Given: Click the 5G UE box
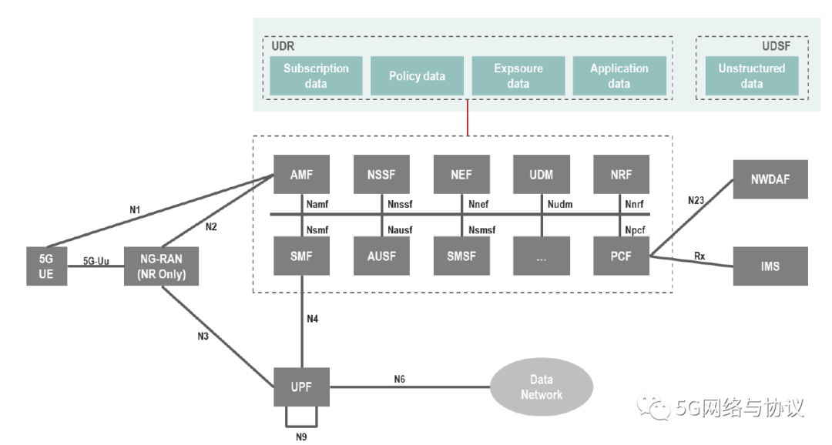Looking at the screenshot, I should pos(45,266).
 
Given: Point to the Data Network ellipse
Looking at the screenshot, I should pos(542,387).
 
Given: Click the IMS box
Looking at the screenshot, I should pos(770,266).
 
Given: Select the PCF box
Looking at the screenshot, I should pos(621,256).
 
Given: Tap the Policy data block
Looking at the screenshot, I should pos(417,76).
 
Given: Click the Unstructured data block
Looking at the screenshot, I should pos(751,76).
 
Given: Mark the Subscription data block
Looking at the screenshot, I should pos(316,76).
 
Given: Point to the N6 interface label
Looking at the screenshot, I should pos(399,379).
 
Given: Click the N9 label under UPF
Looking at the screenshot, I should pos(302,437).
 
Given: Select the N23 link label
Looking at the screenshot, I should pos(696,199).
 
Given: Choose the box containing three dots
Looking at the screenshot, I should pos(541,256).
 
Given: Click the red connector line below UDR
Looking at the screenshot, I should pos(468,117).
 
